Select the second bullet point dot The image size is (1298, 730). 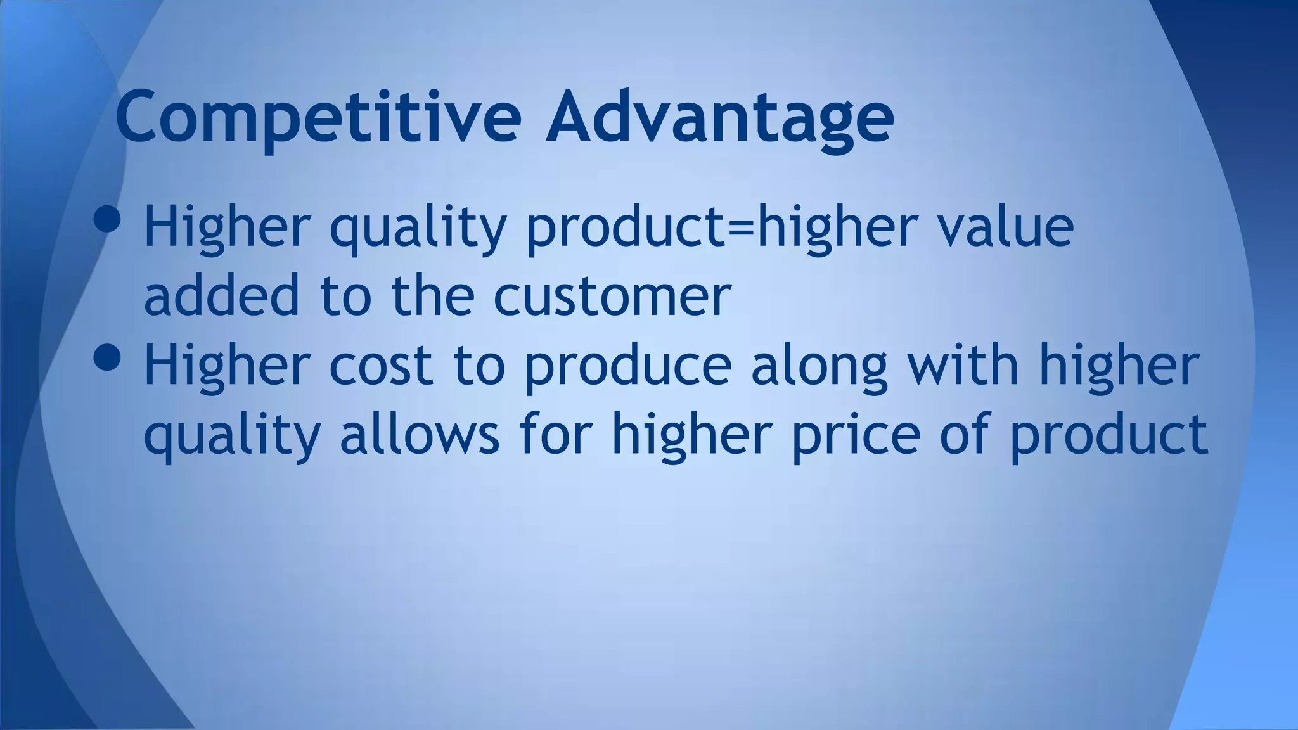coord(106,357)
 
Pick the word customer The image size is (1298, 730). coord(612,297)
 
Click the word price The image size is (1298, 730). coord(856,436)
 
